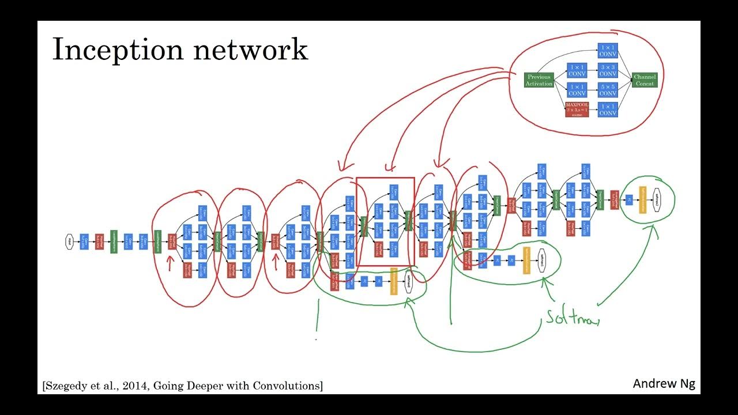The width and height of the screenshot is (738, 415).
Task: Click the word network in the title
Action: pyautogui.click(x=250, y=50)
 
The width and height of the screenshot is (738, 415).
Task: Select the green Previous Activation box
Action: pyautogui.click(x=539, y=80)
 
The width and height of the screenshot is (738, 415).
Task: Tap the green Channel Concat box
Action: pyautogui.click(x=645, y=80)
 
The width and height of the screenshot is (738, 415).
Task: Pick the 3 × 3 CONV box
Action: pyautogui.click(x=608, y=70)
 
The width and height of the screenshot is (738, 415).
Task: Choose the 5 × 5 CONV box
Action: pyautogui.click(x=608, y=90)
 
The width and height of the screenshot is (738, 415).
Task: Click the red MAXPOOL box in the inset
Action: pyautogui.click(x=577, y=110)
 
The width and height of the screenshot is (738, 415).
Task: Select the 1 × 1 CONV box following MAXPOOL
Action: pyautogui.click(x=608, y=110)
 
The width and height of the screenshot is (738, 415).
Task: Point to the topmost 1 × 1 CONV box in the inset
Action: pyautogui.click(x=608, y=51)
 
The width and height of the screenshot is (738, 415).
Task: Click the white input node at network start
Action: pyautogui.click(x=70, y=242)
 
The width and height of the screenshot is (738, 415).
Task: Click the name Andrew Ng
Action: pyautogui.click(x=664, y=384)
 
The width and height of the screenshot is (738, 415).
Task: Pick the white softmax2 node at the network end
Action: pyautogui.click(x=658, y=199)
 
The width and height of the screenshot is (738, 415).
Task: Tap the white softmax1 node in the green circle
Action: pyautogui.click(x=541, y=261)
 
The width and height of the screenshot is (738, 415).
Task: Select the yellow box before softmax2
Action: pyautogui.click(x=642, y=199)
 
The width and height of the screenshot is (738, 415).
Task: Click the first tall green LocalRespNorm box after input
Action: pyautogui.click(x=114, y=242)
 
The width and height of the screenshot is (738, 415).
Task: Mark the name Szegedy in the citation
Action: pyautogui.click(x=67, y=386)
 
